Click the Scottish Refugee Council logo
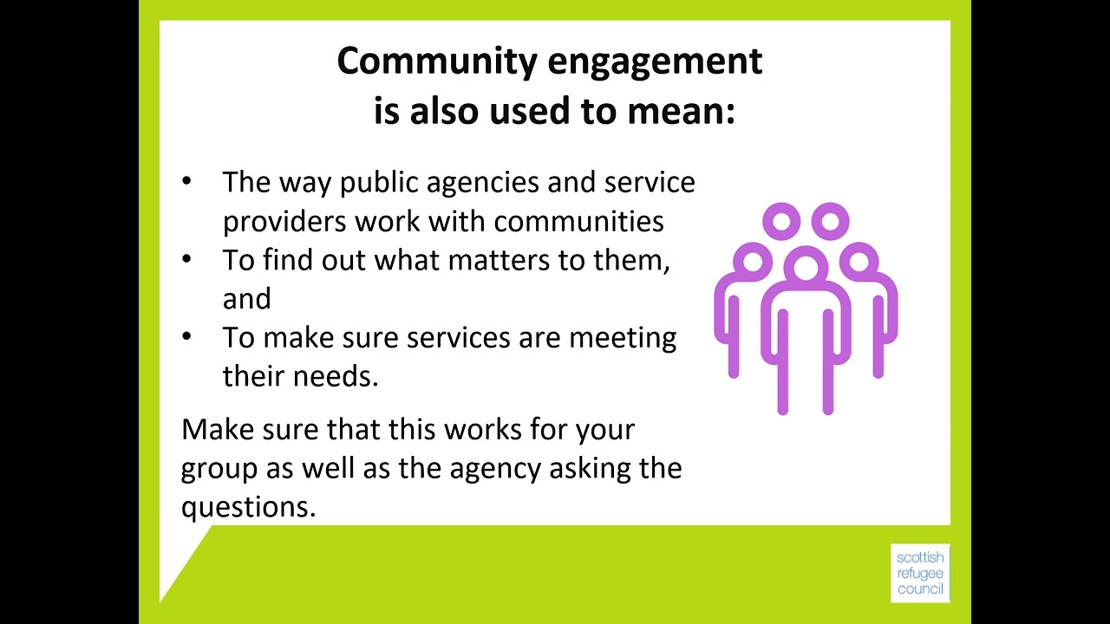(x=920, y=573)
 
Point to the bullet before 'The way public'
(x=187, y=182)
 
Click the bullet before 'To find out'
(x=187, y=260)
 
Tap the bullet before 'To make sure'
(x=187, y=337)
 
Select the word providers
(x=284, y=222)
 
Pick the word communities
(x=578, y=222)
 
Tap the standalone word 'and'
(x=246, y=299)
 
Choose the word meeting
(x=622, y=338)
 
